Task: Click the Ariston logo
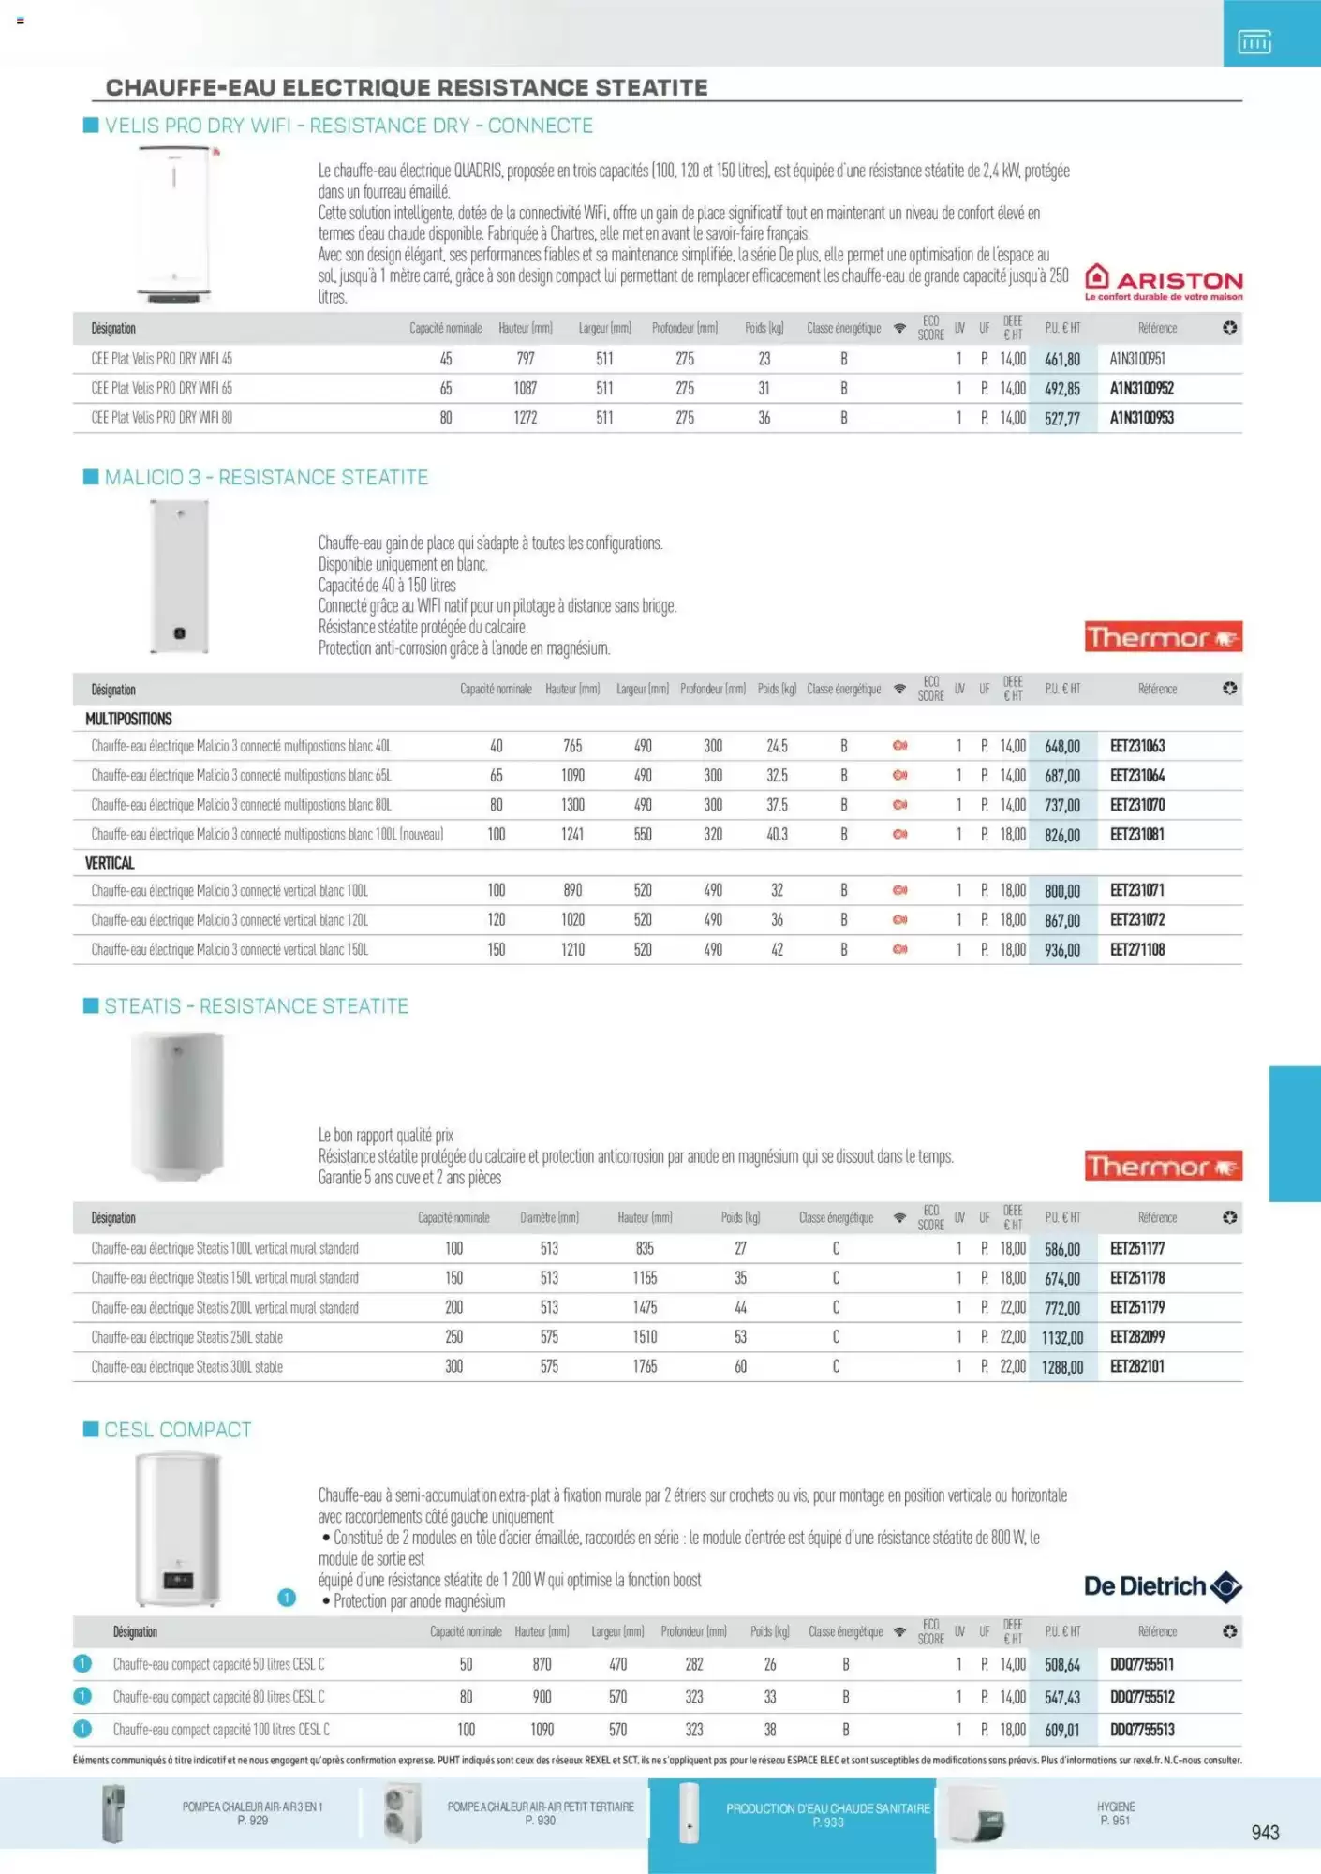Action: click(x=1163, y=281)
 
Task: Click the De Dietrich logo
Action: click(x=1163, y=1586)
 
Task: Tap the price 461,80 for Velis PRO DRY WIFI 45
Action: click(x=1062, y=359)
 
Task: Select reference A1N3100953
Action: click(x=1141, y=418)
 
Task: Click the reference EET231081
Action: click(x=1136, y=834)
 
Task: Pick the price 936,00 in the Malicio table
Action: click(x=1062, y=950)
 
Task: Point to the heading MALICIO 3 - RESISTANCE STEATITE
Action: click(x=266, y=478)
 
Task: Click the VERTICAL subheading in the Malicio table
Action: click(x=110, y=863)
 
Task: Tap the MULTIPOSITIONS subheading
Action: click(x=128, y=719)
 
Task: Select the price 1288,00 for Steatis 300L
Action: click(x=1062, y=1367)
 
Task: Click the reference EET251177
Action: click(x=1136, y=1248)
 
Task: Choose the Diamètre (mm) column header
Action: click(x=549, y=1218)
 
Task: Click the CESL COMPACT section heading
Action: click(x=178, y=1430)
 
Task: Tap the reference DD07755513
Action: click(x=1141, y=1730)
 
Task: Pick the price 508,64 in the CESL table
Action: click(x=1062, y=1665)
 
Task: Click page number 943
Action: click(x=1265, y=1833)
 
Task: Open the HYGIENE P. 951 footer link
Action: click(x=1115, y=1813)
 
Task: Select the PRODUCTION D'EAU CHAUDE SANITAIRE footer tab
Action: click(x=827, y=1814)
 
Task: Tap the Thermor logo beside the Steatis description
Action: click(x=1163, y=1167)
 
